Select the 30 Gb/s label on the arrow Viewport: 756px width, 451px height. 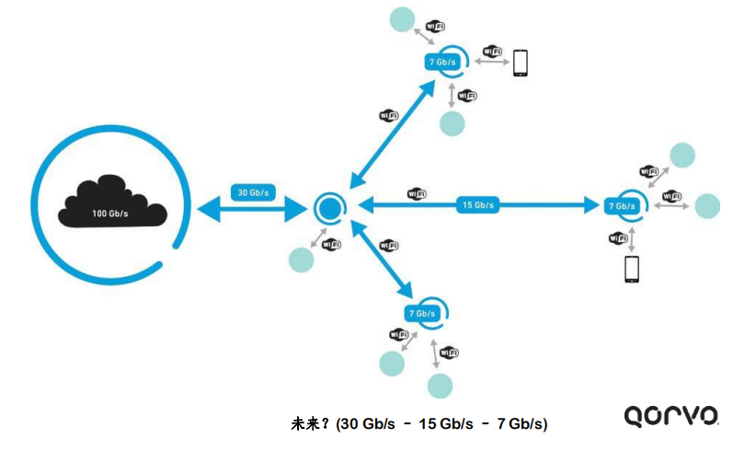[253, 192]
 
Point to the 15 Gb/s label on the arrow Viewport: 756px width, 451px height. [478, 205]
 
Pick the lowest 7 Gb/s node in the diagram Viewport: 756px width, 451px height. [424, 313]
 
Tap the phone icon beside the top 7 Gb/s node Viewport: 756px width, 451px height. [521, 62]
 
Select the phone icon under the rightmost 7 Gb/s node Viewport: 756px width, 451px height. [631, 269]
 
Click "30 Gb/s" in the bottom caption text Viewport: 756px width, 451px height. [368, 424]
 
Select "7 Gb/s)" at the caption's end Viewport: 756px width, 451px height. [522, 424]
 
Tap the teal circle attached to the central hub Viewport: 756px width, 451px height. [301, 260]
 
